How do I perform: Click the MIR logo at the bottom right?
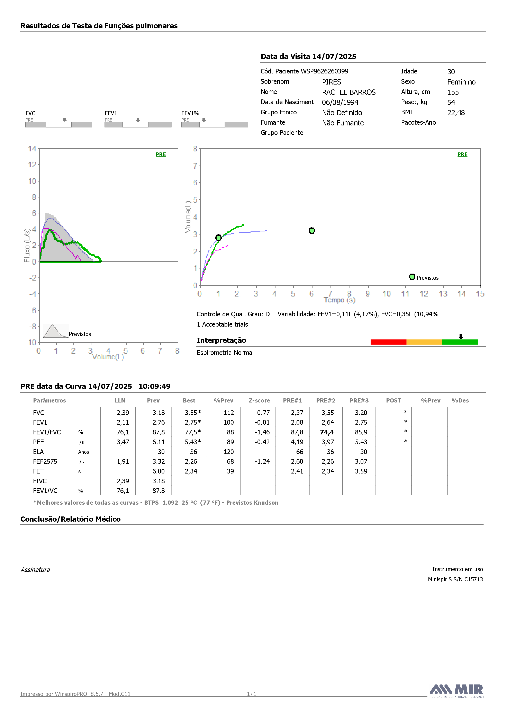(x=456, y=691)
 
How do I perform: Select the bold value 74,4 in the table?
(x=327, y=432)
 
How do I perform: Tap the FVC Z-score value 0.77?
(x=263, y=413)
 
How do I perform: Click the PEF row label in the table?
(x=38, y=442)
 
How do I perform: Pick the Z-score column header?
(x=259, y=400)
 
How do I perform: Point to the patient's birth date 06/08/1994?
(x=340, y=103)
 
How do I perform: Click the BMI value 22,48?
(x=456, y=113)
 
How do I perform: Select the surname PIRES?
(x=332, y=82)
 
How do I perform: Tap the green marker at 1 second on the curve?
(x=219, y=238)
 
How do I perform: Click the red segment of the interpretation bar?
(x=388, y=342)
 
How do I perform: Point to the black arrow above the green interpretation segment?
(x=461, y=337)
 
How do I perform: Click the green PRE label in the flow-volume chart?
(x=161, y=154)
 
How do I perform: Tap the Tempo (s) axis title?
(x=340, y=300)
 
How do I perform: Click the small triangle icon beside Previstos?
(x=56, y=331)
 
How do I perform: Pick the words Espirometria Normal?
(x=225, y=353)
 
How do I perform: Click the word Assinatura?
(x=35, y=570)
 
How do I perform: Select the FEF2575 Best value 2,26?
(x=191, y=462)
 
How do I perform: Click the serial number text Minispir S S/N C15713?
(x=455, y=579)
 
